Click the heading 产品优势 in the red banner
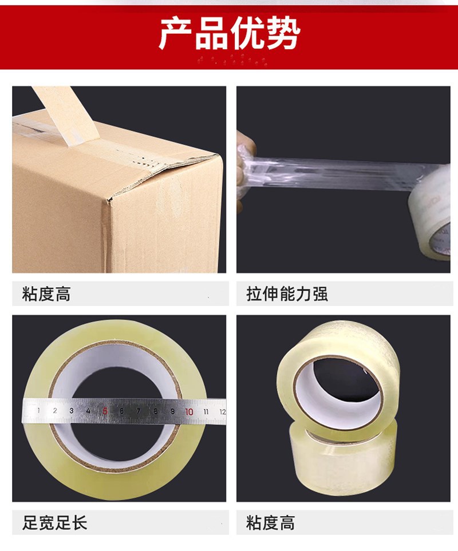click(230, 34)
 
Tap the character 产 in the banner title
click(176, 34)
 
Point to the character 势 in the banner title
click(283, 34)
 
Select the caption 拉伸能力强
click(287, 294)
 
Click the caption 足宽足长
click(54, 522)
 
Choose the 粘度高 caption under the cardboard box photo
click(46, 294)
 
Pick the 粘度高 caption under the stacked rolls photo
click(270, 522)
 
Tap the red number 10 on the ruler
click(189, 411)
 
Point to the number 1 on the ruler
click(38, 410)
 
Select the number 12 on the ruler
click(222, 412)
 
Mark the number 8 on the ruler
click(155, 411)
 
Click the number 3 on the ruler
click(72, 410)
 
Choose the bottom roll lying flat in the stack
click(343, 461)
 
